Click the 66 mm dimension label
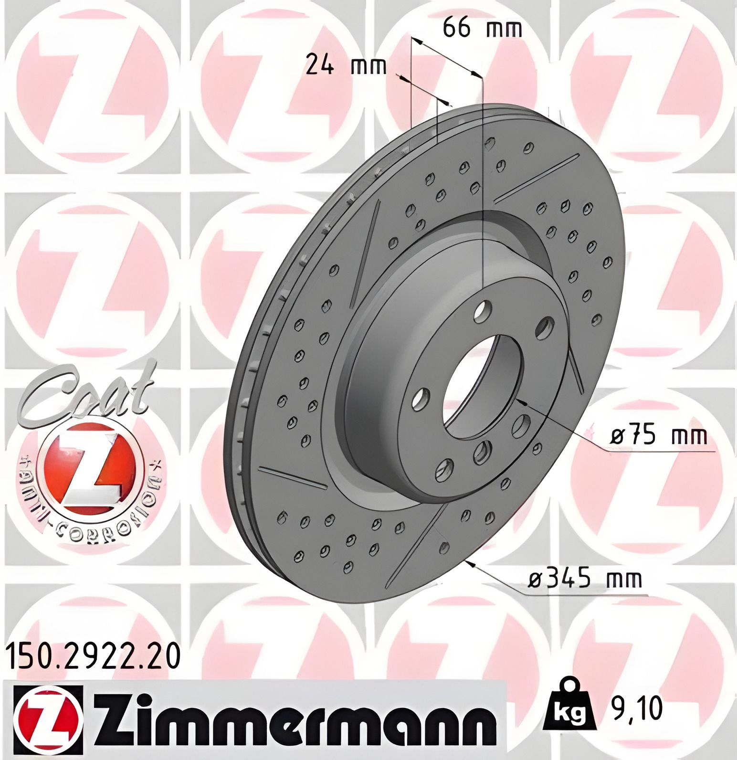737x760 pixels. (482, 29)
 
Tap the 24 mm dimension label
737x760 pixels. (346, 65)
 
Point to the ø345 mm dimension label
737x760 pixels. (585, 580)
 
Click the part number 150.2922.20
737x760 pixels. (94, 656)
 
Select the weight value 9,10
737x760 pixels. (637, 708)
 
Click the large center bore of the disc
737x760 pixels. (482, 387)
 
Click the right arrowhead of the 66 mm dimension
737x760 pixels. (475, 74)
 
